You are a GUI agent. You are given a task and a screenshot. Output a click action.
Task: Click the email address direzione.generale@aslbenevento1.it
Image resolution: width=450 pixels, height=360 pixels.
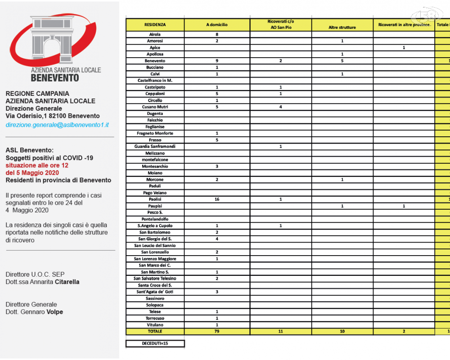pyautogui.click(x=57, y=125)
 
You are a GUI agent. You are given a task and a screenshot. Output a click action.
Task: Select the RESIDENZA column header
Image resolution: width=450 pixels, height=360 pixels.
pyautogui.click(x=155, y=24)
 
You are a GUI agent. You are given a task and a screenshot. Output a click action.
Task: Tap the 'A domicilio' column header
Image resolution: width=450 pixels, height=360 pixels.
pyautogui.click(x=217, y=24)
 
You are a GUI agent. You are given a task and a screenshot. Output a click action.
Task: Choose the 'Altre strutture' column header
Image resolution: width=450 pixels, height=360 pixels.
pyautogui.click(x=342, y=27)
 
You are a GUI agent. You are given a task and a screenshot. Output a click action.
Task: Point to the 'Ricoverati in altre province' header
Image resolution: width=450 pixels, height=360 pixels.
pyautogui.click(x=404, y=24)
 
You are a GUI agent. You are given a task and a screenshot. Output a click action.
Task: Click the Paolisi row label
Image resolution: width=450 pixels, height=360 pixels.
pyautogui.click(x=155, y=199)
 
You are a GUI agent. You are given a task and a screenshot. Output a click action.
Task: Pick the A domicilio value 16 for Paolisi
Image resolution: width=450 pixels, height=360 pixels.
pyautogui.click(x=217, y=199)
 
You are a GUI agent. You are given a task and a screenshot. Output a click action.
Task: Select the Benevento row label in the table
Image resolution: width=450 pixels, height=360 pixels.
pyautogui.click(x=155, y=61)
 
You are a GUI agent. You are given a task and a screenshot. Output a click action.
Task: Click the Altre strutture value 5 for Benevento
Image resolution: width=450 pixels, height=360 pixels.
pyautogui.click(x=342, y=61)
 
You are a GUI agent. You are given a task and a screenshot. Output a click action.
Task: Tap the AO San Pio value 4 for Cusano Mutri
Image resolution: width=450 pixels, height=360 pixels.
pyautogui.click(x=280, y=107)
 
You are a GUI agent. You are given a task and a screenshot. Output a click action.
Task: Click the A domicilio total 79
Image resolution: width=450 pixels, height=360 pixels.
pyautogui.click(x=217, y=331)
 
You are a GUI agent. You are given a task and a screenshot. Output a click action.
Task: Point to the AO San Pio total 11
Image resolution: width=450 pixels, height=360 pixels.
pyautogui.click(x=280, y=331)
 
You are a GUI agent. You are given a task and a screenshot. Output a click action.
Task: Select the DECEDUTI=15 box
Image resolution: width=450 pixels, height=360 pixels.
pyautogui.click(x=155, y=344)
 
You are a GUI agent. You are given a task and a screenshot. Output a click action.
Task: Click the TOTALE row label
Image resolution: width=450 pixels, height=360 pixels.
pyautogui.click(x=155, y=331)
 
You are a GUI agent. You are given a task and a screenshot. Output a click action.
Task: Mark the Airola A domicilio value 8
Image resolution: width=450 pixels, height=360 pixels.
pyautogui.click(x=217, y=34)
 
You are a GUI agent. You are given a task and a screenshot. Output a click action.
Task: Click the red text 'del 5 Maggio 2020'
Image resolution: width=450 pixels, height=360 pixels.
pyautogui.click(x=32, y=173)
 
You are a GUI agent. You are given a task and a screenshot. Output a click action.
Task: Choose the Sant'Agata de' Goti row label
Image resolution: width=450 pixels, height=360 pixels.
pyautogui.click(x=155, y=292)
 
